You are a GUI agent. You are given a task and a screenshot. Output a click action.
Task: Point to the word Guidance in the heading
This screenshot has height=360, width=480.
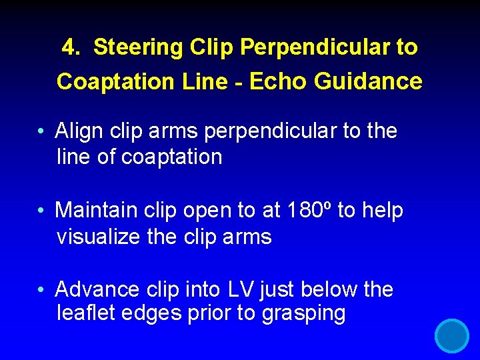click(x=368, y=81)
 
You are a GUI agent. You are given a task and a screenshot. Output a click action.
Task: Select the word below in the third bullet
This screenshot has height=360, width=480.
click(x=330, y=290)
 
